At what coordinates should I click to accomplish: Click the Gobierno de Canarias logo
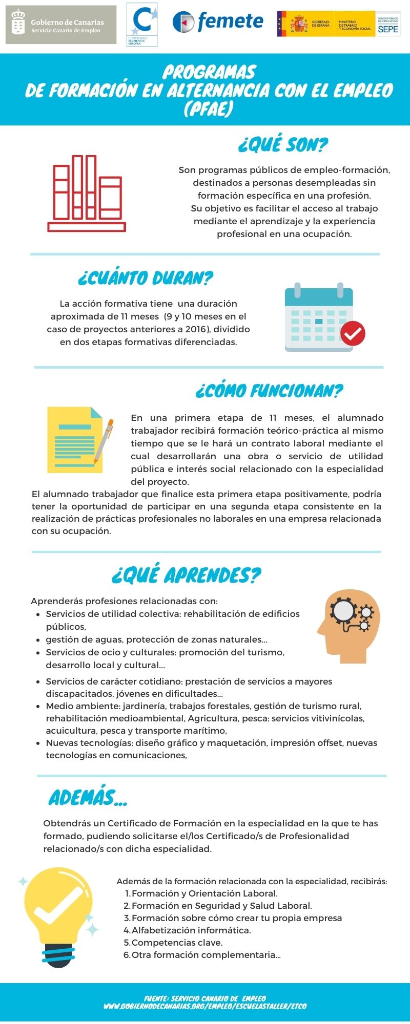[x=61, y=25]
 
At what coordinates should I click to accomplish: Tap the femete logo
[x=218, y=22]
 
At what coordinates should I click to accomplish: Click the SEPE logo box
[x=388, y=25]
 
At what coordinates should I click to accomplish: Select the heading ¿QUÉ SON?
[x=283, y=145]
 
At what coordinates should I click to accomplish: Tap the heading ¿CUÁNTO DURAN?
[x=146, y=278]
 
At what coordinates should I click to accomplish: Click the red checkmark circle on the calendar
[x=353, y=333]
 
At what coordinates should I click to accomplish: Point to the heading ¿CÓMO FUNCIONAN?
[x=269, y=391]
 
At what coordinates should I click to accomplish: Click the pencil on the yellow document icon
[x=105, y=441]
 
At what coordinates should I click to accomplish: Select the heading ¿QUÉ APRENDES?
[x=187, y=575]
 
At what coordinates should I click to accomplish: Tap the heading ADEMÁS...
[x=88, y=798]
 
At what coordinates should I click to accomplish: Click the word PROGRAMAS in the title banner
[x=209, y=72]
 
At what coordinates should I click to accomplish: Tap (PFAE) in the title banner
[x=209, y=109]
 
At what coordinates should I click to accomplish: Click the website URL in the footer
[x=205, y=1006]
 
